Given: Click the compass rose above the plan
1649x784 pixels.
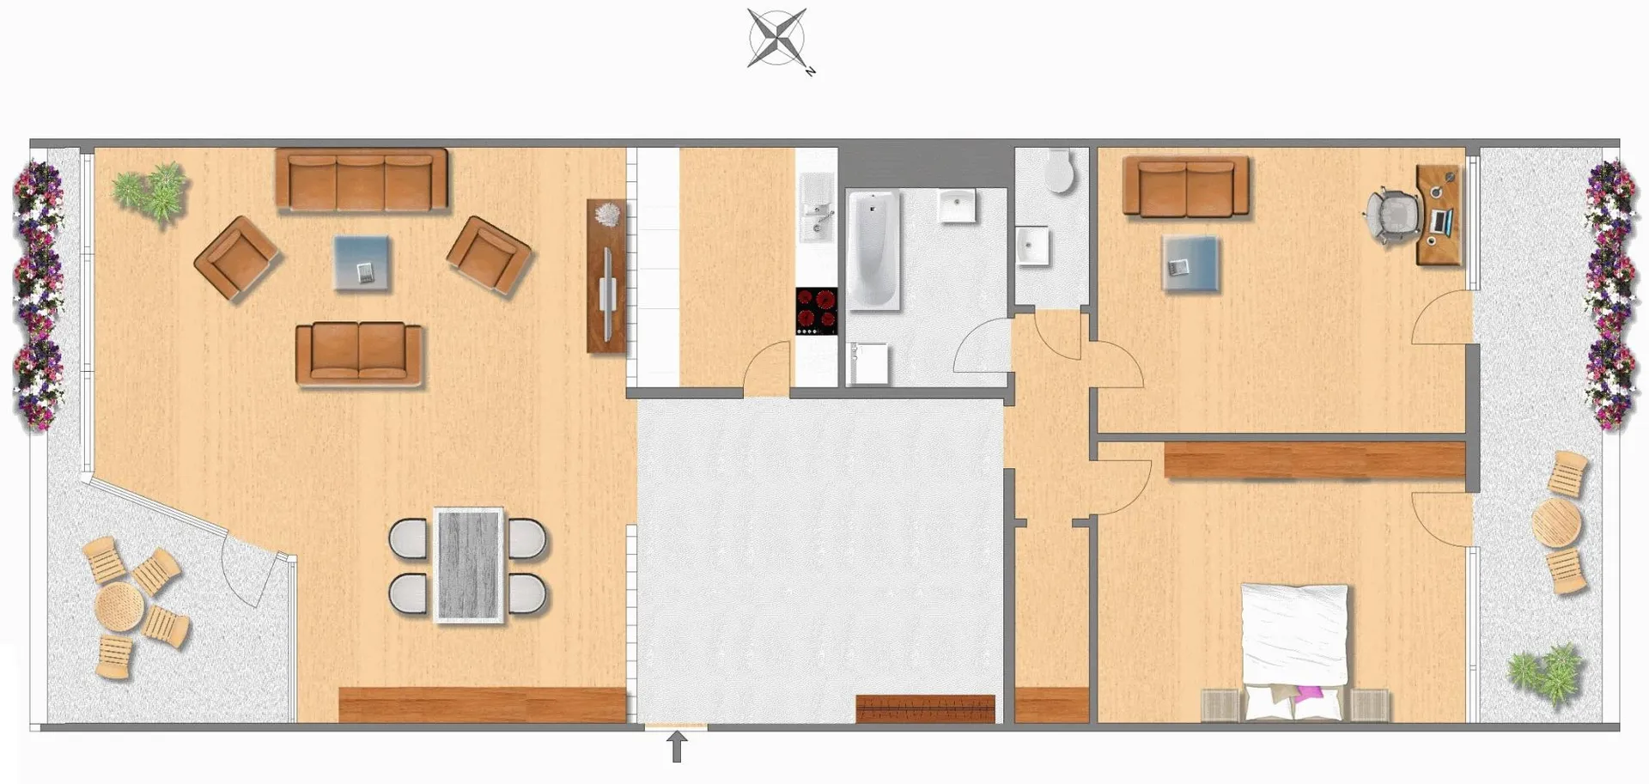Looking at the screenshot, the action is click(778, 39).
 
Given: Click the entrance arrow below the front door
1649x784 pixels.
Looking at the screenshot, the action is click(677, 746).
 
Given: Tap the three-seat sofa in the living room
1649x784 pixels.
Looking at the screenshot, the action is click(362, 179).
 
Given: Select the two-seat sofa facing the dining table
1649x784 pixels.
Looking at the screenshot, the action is click(359, 352).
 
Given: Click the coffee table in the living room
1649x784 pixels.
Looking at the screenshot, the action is click(362, 263).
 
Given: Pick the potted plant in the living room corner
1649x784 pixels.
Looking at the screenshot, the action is click(151, 193).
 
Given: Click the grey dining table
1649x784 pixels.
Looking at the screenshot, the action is click(468, 564).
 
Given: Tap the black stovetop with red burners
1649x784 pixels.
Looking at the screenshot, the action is click(817, 311).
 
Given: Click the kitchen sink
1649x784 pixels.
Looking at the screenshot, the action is click(817, 207).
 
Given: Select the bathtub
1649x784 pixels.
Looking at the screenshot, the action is click(873, 250).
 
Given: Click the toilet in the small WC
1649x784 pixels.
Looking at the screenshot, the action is click(1059, 172).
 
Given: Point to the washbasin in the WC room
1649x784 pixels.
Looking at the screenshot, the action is click(1031, 246).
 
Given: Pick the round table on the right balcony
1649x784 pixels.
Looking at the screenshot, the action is click(1556, 523).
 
